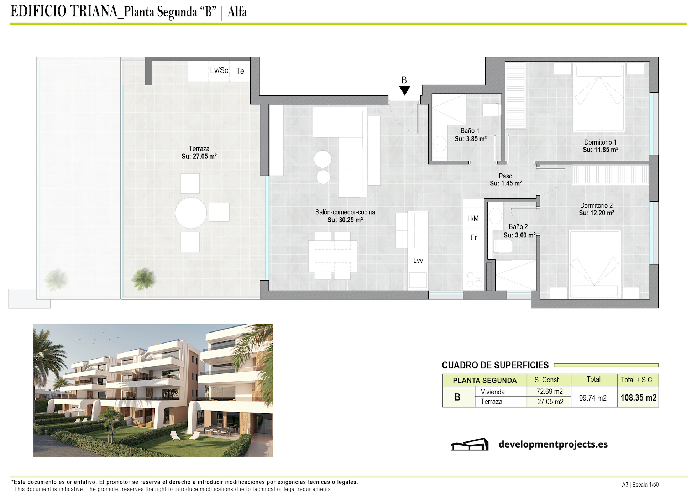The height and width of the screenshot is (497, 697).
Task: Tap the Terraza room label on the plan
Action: [199, 149]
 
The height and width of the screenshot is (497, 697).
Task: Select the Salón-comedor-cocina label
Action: [345, 212]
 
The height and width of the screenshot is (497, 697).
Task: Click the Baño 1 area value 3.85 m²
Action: [471, 139]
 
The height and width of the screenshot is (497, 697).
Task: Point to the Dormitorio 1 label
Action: [600, 142]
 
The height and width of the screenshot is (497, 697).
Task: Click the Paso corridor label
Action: [505, 176]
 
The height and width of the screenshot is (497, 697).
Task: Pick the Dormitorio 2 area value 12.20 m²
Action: [596, 213]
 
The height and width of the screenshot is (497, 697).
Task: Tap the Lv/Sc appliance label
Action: [219, 70]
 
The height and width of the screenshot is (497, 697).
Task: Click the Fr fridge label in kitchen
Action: [473, 237]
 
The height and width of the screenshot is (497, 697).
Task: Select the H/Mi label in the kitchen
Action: [473, 218]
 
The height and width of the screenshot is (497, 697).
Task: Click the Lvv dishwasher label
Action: [418, 261]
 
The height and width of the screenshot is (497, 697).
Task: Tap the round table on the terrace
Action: [191, 213]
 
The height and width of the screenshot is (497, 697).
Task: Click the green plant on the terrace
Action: [143, 279]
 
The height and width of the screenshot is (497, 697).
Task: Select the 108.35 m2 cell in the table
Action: [638, 398]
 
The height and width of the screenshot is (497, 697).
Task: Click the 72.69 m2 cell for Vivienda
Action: [549, 392]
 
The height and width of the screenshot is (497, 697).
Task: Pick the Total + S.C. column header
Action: [637, 380]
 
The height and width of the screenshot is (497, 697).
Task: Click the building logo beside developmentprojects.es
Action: [470, 444]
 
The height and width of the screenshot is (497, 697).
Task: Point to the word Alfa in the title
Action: [237, 12]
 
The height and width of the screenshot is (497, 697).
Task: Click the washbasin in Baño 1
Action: [440, 145]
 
